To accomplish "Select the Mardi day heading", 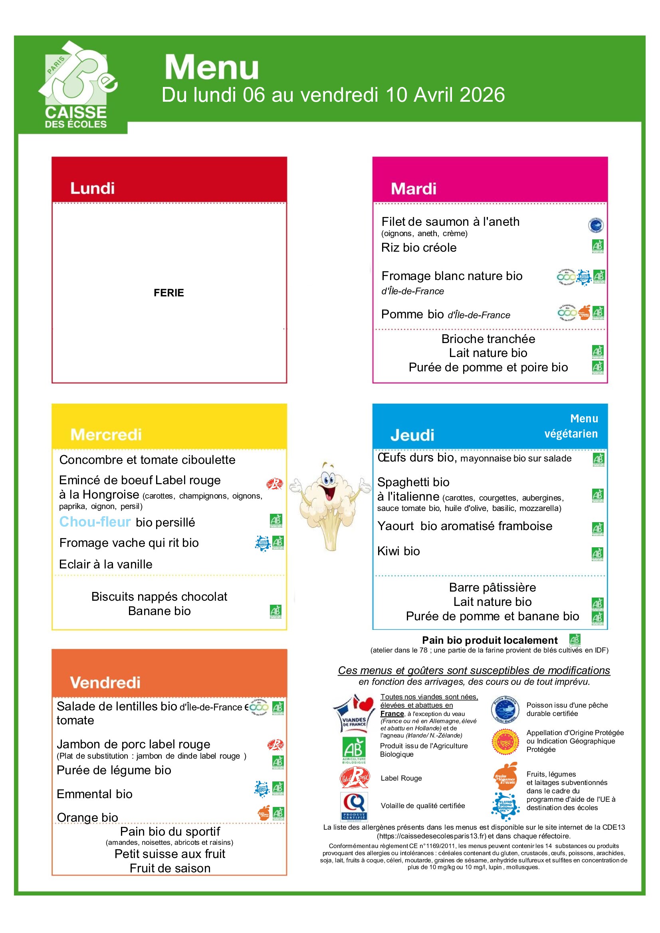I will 413,189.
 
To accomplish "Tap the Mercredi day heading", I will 106,434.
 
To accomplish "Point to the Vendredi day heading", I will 105,682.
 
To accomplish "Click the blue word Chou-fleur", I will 95,522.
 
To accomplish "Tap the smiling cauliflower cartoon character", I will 330,504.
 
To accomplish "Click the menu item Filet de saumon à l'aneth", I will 450,221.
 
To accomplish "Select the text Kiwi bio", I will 398,551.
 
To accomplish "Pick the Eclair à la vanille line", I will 106,564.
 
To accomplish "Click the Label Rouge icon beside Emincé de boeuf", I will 274,483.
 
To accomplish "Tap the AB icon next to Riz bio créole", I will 597,246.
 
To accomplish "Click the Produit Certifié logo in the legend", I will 354,806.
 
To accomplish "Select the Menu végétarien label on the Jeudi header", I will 571,426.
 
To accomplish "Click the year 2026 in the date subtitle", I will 482,95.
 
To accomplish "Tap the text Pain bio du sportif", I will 170,831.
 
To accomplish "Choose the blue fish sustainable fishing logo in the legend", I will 505,710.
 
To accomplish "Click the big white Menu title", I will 212,67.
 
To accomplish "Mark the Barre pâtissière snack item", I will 492,587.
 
